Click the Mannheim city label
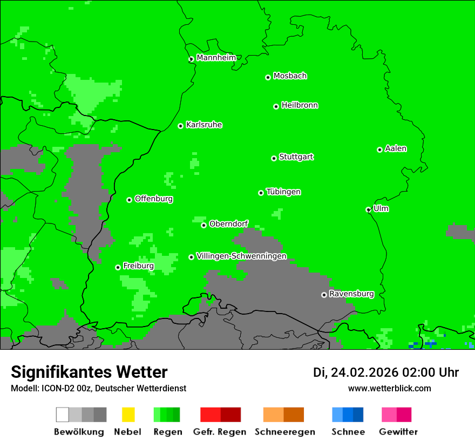point(216,58)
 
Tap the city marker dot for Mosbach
point(268,77)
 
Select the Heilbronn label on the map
point(300,105)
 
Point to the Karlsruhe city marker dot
point(181,126)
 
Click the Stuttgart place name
point(296,157)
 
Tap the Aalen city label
point(396,148)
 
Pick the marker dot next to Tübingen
point(261,193)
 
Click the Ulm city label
point(381,208)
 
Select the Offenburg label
point(154,199)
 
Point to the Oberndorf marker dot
point(203,225)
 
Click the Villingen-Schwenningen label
point(241,256)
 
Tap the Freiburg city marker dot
point(118,267)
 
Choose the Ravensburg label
point(351,294)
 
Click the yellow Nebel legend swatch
point(128,415)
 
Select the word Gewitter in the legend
point(398,432)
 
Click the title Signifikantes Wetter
point(89,372)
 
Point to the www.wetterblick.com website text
point(389,388)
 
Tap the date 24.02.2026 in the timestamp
point(364,372)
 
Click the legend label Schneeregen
point(284,432)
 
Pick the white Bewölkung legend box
point(62,415)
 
